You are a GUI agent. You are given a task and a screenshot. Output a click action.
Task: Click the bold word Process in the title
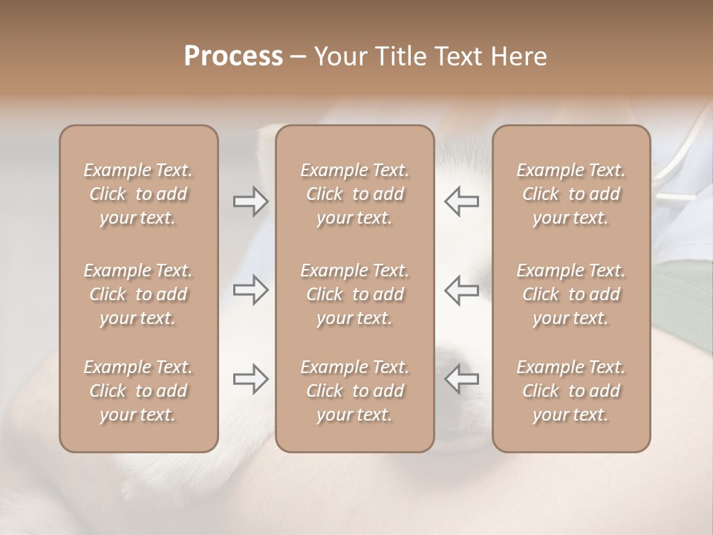(x=233, y=56)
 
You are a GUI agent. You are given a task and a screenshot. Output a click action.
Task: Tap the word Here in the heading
(x=520, y=56)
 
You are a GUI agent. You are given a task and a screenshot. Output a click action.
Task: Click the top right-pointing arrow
(x=250, y=201)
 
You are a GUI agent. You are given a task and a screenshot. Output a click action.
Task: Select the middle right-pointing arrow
(x=250, y=290)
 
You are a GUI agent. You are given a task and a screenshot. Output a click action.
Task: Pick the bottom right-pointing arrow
(x=250, y=379)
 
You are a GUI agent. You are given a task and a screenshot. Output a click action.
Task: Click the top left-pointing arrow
(x=461, y=201)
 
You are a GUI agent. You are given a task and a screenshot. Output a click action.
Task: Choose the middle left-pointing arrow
(x=461, y=290)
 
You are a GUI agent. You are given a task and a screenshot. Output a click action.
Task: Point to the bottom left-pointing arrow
(x=461, y=379)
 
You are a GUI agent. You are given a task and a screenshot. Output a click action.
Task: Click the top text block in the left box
(x=138, y=194)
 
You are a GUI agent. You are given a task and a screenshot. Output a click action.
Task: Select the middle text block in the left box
(x=138, y=294)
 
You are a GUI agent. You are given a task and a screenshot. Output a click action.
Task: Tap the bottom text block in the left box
(x=138, y=391)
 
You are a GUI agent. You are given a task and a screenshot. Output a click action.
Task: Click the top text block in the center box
(x=355, y=194)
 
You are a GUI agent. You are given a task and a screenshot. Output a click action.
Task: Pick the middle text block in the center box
(x=355, y=294)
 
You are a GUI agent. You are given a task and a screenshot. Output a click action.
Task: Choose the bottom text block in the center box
(x=355, y=391)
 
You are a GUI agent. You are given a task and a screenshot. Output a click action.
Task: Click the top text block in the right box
(x=571, y=194)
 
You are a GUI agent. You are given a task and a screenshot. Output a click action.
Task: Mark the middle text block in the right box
(x=571, y=294)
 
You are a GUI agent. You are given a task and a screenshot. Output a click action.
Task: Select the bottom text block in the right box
(x=571, y=391)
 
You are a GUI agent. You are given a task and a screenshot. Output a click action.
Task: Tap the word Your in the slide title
(x=339, y=56)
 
